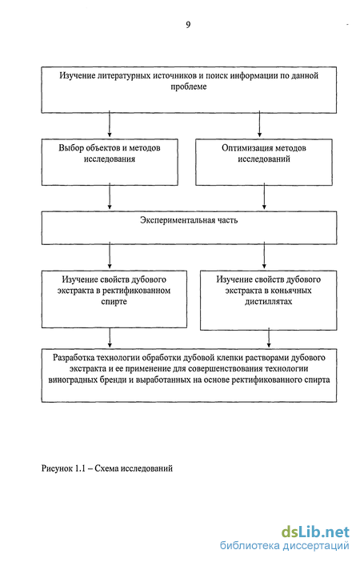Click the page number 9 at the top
click(x=188, y=25)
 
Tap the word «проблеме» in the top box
click(x=189, y=86)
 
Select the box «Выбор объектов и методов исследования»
click(x=110, y=163)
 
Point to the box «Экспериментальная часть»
click(x=189, y=228)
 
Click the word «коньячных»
click(x=292, y=291)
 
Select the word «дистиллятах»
click(x=268, y=302)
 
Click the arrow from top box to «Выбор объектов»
click(x=110, y=125)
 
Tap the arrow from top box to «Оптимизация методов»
click(x=260, y=125)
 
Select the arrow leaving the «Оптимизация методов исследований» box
click(x=264, y=198)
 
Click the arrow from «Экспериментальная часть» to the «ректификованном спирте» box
click(x=110, y=257)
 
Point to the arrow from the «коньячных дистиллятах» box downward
click(x=269, y=339)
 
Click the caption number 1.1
click(x=80, y=468)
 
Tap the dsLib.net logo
click(x=315, y=532)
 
